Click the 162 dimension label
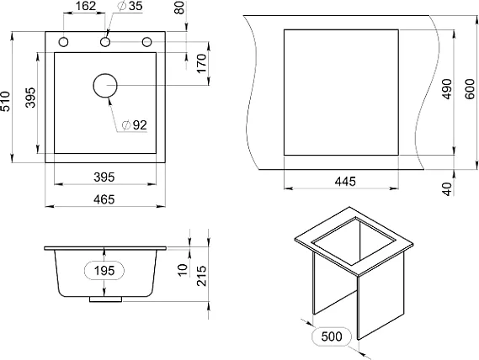coord(86,6)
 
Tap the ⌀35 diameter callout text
coord(130,6)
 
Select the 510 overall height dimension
coord(5,101)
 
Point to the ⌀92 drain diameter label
coord(134,124)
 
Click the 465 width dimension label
coord(104,199)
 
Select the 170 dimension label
coord(202,64)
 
